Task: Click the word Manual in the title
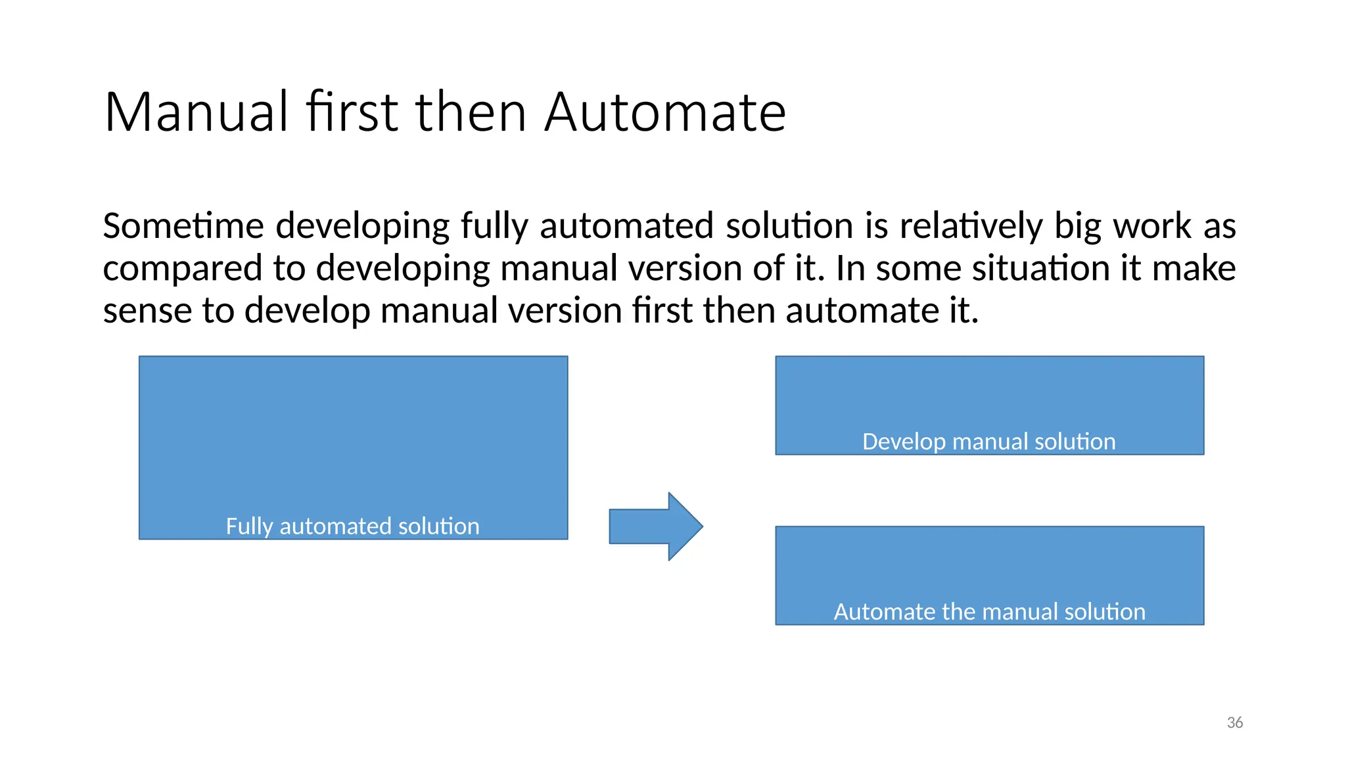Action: (x=196, y=112)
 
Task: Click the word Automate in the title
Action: (x=664, y=112)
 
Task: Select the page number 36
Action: (x=1234, y=723)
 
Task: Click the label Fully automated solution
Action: (x=352, y=526)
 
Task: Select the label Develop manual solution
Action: (x=988, y=442)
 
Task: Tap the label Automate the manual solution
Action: (x=989, y=612)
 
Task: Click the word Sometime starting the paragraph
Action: (x=183, y=226)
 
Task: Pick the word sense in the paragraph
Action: (x=147, y=311)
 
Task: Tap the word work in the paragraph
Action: (x=1151, y=226)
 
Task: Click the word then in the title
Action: (x=471, y=112)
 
